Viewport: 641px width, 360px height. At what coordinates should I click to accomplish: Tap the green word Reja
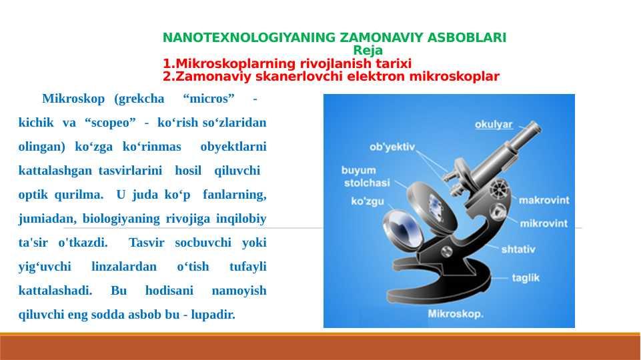tap(368, 51)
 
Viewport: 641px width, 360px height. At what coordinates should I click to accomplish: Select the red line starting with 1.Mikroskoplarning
tap(287, 63)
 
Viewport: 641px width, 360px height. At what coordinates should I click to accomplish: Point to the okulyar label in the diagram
tap(494, 124)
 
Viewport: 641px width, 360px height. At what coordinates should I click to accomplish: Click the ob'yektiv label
tap(393, 147)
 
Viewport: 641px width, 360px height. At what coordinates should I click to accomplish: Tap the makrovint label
tap(544, 199)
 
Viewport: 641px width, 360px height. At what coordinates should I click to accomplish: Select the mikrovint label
tap(544, 223)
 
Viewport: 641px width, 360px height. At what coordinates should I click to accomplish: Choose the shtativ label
tap(518, 249)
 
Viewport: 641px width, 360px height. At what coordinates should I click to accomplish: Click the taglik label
tap(526, 278)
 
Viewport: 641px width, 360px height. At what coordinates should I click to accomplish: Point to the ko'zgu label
tap(367, 201)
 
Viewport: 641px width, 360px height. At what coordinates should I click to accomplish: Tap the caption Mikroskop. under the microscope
tap(455, 313)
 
